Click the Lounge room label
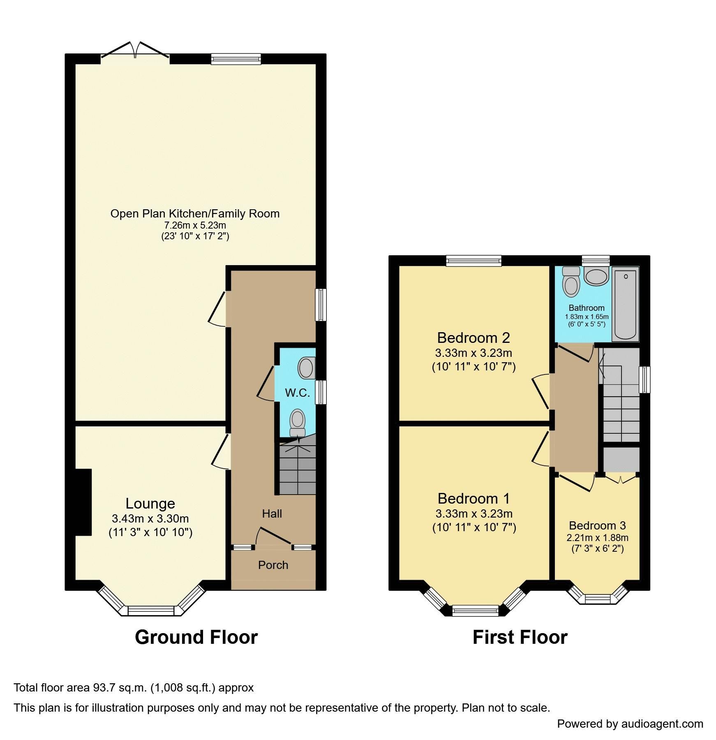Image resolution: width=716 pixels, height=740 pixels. click(x=150, y=503)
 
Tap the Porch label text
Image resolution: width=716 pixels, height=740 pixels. click(x=273, y=565)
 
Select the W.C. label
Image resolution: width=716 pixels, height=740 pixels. click(x=297, y=393)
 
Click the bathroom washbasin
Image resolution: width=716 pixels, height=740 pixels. click(x=596, y=276)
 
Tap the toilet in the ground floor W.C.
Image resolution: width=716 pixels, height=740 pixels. click(x=298, y=423)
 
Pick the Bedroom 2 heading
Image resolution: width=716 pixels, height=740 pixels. click(x=473, y=338)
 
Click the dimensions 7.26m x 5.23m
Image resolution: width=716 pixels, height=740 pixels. click(x=195, y=225)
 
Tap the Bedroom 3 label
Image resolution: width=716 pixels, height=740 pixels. click(x=597, y=525)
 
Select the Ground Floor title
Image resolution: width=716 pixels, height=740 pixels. click(x=196, y=637)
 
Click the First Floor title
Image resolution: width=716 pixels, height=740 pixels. click(x=520, y=637)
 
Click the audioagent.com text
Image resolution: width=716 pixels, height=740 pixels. click(x=662, y=724)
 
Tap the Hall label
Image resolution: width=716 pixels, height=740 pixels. click(x=272, y=513)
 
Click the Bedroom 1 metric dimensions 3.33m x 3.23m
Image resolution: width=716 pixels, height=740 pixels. click(x=474, y=513)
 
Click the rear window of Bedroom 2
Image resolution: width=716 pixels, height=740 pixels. click(x=474, y=261)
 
